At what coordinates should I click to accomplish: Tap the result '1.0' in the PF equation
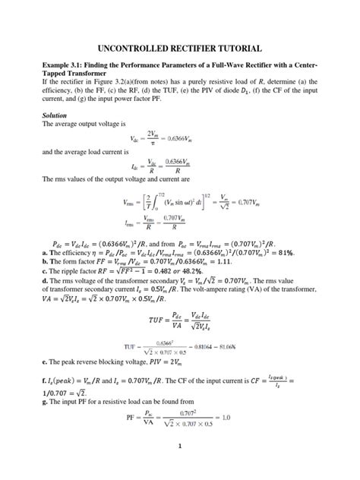[228, 417]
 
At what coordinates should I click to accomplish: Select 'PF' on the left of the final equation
[131, 417]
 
